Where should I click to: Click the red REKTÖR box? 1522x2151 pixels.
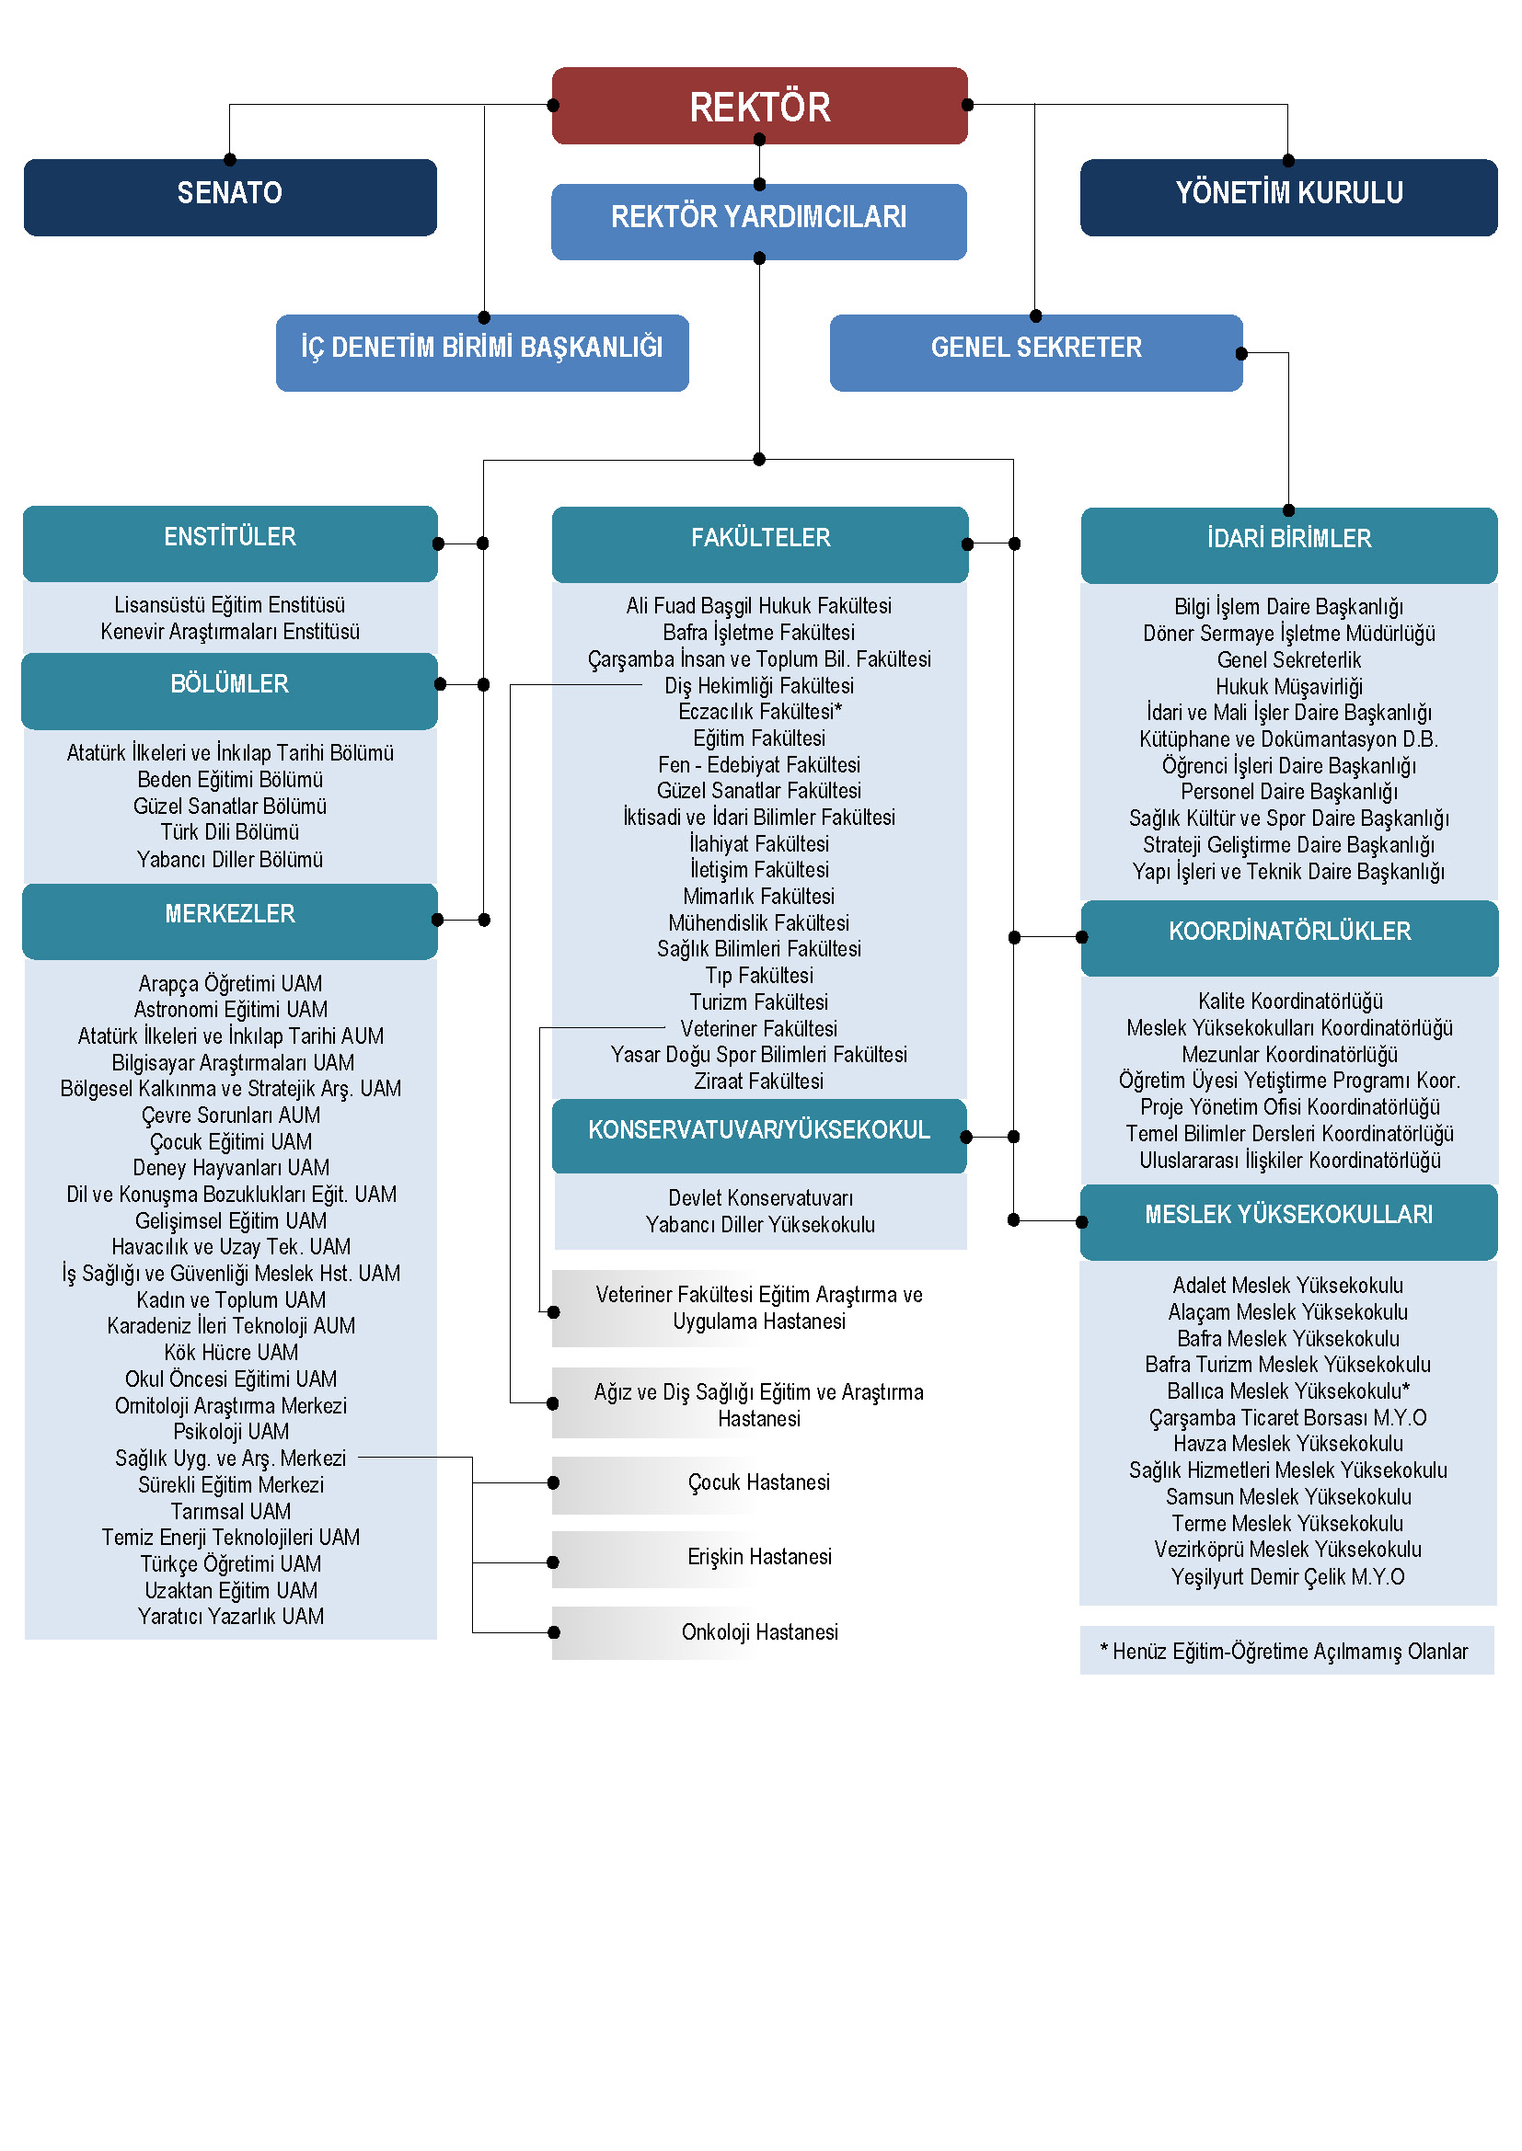click(759, 106)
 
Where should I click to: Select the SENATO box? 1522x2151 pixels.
click(231, 197)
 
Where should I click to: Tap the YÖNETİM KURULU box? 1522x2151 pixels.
click(1288, 197)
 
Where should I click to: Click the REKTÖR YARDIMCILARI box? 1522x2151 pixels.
click(759, 221)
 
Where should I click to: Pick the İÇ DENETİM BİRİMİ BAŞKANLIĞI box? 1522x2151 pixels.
click(483, 352)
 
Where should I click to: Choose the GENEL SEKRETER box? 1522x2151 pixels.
click(1036, 352)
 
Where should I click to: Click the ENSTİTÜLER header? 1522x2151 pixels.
click(231, 543)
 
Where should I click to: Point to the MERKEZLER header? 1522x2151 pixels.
click(231, 921)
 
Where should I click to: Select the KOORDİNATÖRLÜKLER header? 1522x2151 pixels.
click(1289, 938)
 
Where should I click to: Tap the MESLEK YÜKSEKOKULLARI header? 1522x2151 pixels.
click(1289, 1221)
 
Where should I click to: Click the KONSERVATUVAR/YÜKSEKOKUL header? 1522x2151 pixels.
click(759, 1136)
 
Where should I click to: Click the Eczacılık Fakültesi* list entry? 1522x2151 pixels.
click(760, 712)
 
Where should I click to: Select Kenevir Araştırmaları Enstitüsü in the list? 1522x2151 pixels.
click(231, 632)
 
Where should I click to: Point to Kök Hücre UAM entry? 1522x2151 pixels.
click(232, 1353)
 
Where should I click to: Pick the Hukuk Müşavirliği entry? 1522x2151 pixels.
click(1289, 687)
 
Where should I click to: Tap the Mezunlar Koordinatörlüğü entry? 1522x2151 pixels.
click(1289, 1055)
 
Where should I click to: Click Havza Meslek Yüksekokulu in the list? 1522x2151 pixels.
click(1288, 1444)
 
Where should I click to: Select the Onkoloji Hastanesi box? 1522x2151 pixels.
click(759, 1632)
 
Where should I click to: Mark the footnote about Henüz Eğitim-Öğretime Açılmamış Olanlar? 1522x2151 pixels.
click(1287, 1651)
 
